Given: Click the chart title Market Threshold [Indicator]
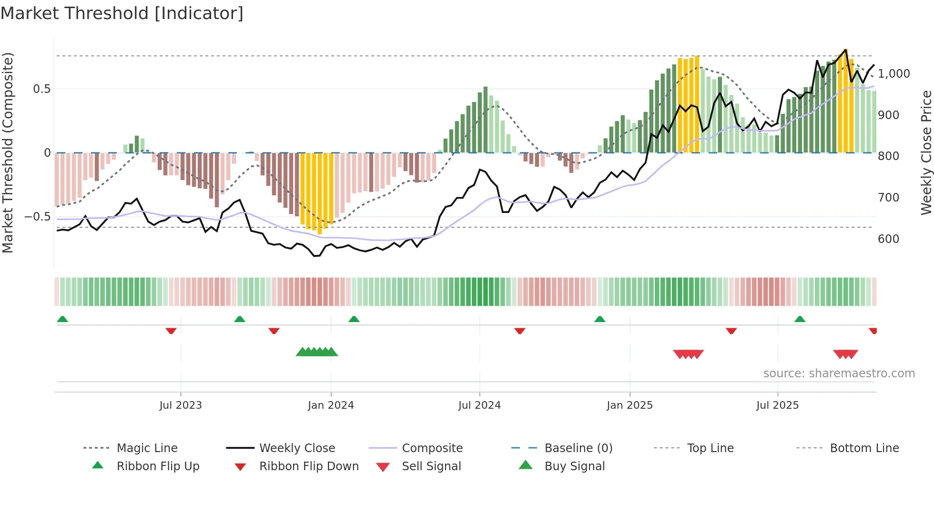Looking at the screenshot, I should (122, 13).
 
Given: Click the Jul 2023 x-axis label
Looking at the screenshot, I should (181, 405).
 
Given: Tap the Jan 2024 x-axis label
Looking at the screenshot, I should (331, 405).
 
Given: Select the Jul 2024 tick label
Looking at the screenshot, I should (479, 405).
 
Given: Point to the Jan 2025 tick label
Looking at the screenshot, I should (629, 405).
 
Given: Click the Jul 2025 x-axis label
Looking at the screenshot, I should (777, 405).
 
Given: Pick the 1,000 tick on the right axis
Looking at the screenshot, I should (894, 74).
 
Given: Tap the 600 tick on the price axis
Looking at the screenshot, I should (888, 239).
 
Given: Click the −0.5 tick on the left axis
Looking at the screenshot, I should (38, 217).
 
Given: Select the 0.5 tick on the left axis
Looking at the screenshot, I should (41, 89).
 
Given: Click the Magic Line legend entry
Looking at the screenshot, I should (147, 448).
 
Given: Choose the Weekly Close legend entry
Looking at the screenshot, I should (297, 448).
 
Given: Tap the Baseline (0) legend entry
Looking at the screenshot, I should (578, 448).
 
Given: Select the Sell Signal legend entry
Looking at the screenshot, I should (431, 466).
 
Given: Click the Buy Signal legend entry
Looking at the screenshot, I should (574, 466).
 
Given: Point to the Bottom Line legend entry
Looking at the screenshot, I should (864, 448).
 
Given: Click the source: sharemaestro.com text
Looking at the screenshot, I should (839, 374).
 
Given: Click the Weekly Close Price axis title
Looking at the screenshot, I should (926, 152).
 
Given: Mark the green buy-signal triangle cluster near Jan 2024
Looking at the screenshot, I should (317, 352).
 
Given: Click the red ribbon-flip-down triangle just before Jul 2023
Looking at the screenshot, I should (171, 331).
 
